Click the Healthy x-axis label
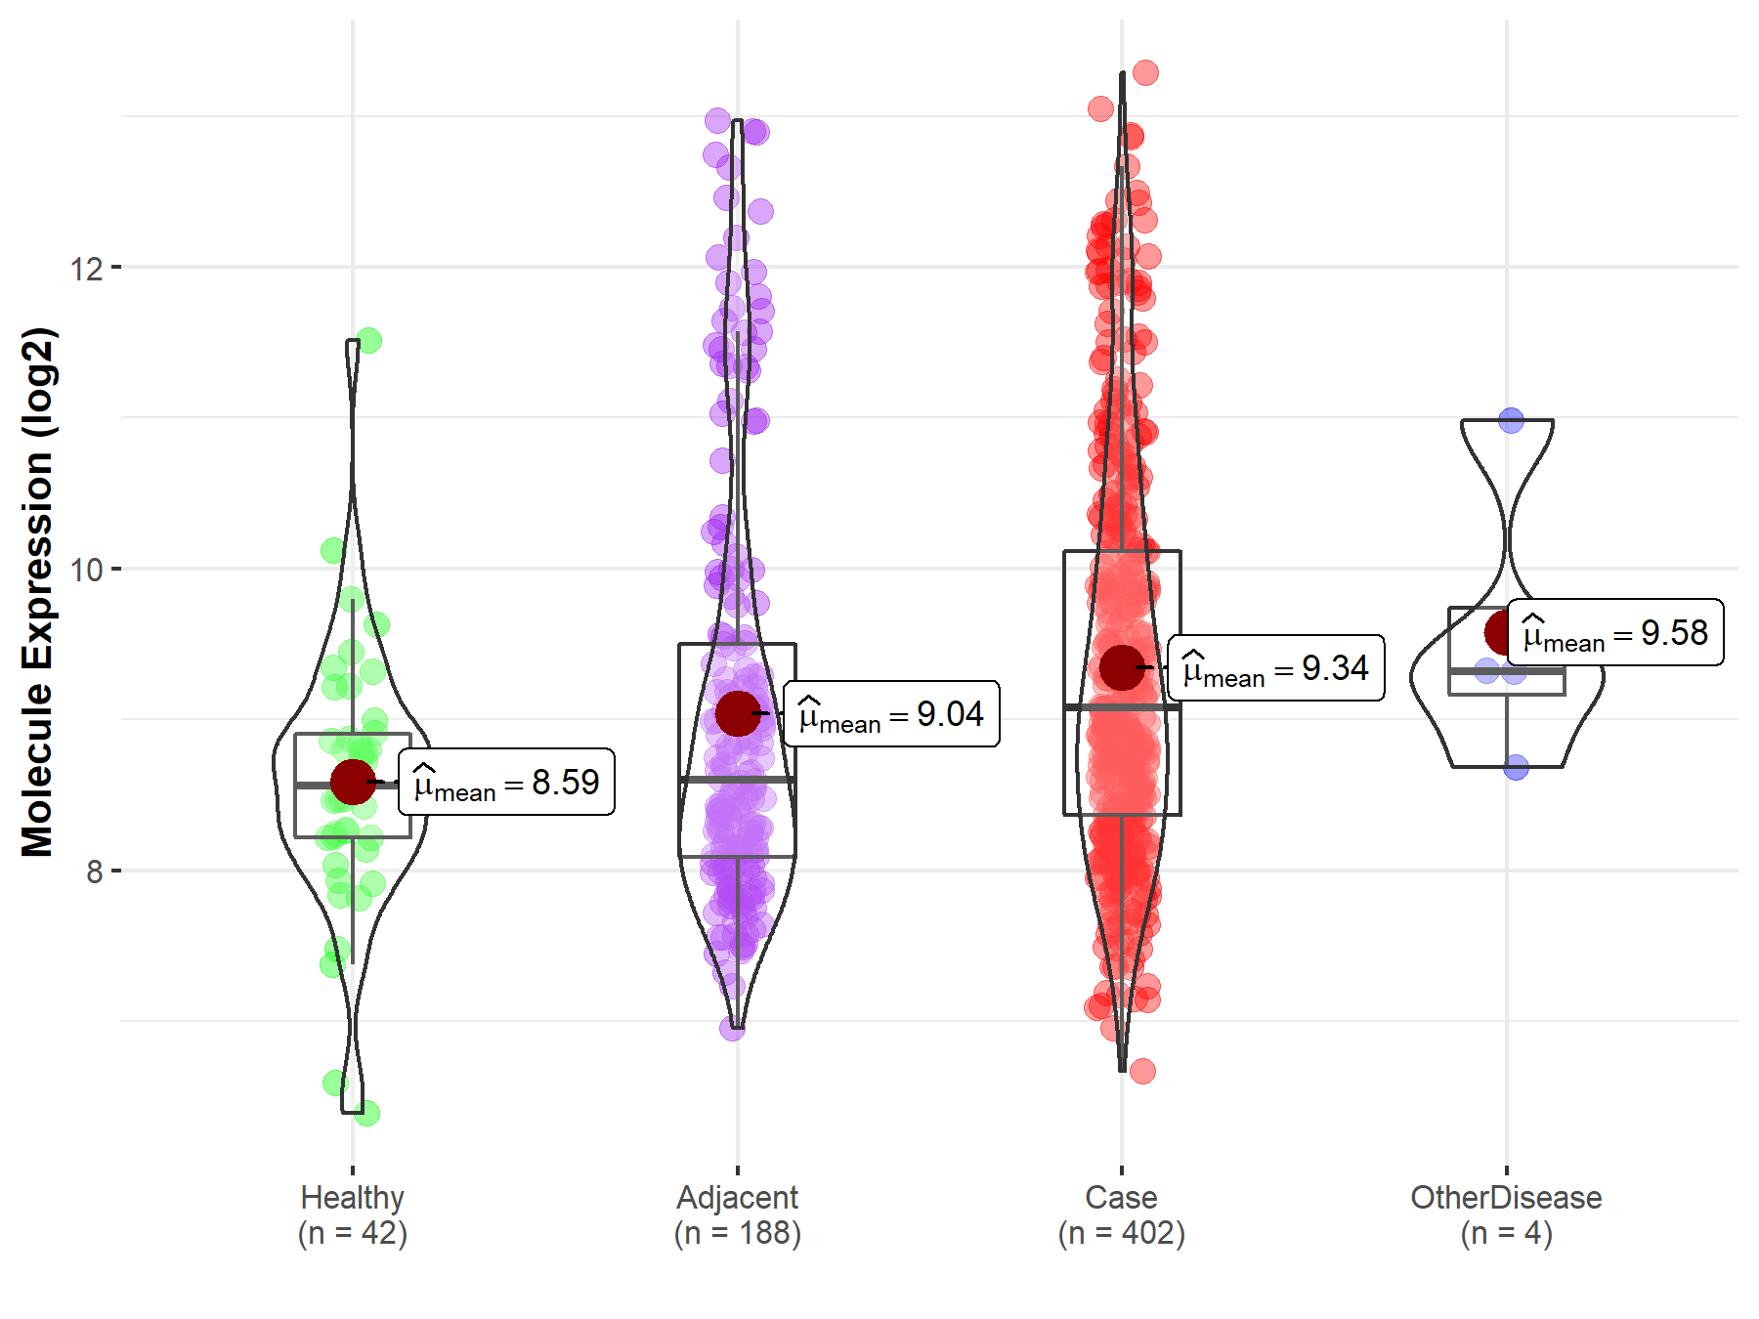352,1214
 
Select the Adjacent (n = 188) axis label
737,1214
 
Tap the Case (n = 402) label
1121,1214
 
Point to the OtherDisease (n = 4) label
1506,1214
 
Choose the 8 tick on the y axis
94,871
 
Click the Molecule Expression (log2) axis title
37,592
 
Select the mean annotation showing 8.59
506,782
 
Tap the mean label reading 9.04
891,714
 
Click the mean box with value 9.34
1276,668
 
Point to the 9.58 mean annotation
1615,633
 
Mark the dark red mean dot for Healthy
352,782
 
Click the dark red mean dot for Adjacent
737,713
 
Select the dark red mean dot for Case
1121,667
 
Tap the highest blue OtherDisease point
1511,421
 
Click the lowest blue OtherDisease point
1516,768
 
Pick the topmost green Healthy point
369,341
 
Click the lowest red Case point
1142,1071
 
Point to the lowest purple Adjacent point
732,1028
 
